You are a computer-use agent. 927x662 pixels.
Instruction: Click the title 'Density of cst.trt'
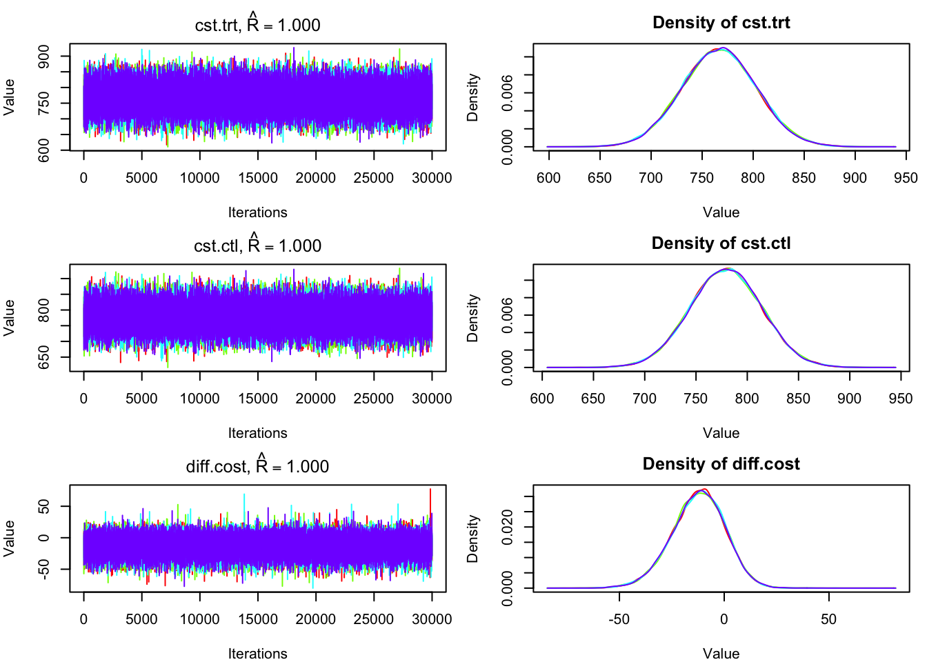click(x=721, y=23)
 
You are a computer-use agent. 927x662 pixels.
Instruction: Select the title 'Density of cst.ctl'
click(x=721, y=243)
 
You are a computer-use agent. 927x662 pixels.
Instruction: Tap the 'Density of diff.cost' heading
click(x=721, y=464)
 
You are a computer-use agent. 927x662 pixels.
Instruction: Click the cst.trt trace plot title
click(x=257, y=26)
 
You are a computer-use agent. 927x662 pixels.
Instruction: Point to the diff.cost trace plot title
click(x=257, y=467)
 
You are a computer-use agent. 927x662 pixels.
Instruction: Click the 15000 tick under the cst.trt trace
click(x=258, y=178)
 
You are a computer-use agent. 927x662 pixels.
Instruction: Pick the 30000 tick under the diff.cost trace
click(x=432, y=619)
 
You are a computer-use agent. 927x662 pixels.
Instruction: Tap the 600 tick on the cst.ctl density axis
click(x=542, y=399)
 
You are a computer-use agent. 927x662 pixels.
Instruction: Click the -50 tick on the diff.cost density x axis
click(x=619, y=619)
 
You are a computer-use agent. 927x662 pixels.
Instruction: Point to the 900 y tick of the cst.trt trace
click(x=44, y=57)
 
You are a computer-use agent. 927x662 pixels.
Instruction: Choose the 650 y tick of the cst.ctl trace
click(x=44, y=357)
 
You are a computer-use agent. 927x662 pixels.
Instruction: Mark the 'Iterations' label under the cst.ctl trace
click(x=257, y=433)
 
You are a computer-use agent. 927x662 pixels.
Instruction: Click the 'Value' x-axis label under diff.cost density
click(x=721, y=654)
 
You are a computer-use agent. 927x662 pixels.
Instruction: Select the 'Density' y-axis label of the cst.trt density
click(x=472, y=98)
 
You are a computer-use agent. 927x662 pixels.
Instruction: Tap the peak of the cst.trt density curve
click(x=722, y=48)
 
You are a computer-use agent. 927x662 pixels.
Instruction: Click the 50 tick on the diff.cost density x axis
click(x=828, y=619)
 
